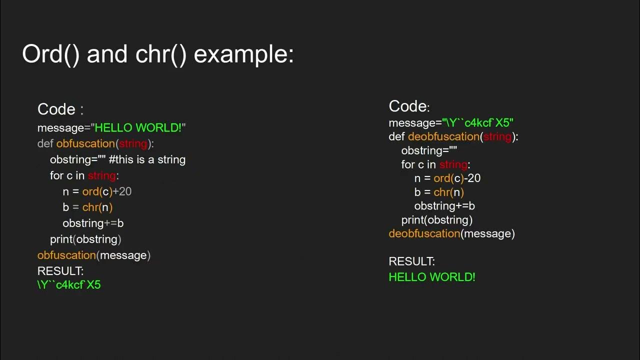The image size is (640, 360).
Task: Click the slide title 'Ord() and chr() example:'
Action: tap(157, 54)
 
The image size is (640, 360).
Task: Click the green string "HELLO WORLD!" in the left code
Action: tap(138, 128)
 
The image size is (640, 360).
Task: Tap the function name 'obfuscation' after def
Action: tap(85, 144)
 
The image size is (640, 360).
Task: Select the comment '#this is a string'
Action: tap(147, 160)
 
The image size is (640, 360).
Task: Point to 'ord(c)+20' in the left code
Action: tap(107, 191)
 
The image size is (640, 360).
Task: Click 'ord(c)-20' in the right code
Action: tap(457, 178)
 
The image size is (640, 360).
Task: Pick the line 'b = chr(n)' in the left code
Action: tap(87, 207)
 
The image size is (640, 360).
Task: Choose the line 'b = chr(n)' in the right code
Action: tap(439, 192)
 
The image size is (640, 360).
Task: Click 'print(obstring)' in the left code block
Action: tap(85, 239)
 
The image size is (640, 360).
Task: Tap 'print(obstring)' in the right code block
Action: tap(436, 220)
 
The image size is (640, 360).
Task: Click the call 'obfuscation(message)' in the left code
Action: tap(94, 255)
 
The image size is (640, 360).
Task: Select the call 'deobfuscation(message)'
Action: tap(451, 234)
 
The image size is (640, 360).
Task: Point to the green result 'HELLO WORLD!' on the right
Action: tap(432, 277)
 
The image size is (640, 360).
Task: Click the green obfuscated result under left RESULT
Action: tap(69, 285)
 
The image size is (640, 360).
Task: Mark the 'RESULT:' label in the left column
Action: tap(60, 271)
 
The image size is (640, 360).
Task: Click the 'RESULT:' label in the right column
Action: tap(412, 261)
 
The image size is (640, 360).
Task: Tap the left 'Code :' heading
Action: tap(60, 109)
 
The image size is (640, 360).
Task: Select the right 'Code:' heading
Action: tap(409, 106)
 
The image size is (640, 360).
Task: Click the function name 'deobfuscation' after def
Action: tap(443, 137)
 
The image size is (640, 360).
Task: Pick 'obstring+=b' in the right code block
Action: tap(444, 206)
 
